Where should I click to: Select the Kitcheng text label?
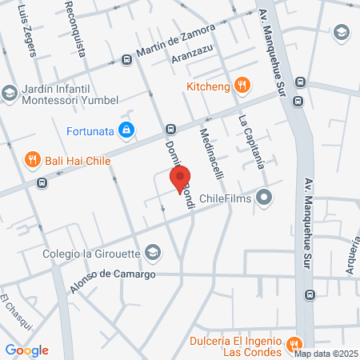[208, 86]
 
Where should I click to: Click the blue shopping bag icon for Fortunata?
[126, 128]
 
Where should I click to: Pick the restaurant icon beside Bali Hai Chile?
[33, 159]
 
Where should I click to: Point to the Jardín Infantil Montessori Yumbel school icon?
[10, 94]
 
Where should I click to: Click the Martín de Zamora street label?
[175, 44]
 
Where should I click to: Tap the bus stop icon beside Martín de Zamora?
[126, 60]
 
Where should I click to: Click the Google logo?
[27, 350]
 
